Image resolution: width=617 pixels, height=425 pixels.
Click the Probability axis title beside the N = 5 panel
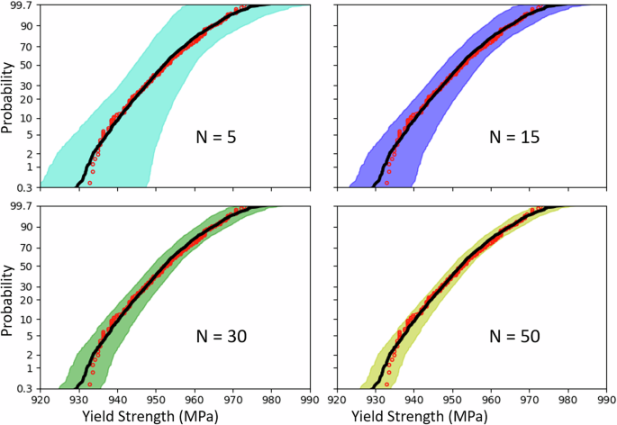click(8, 96)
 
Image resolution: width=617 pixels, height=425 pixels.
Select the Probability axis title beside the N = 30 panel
click(8, 298)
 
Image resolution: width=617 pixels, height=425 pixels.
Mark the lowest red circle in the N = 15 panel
click(386, 183)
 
